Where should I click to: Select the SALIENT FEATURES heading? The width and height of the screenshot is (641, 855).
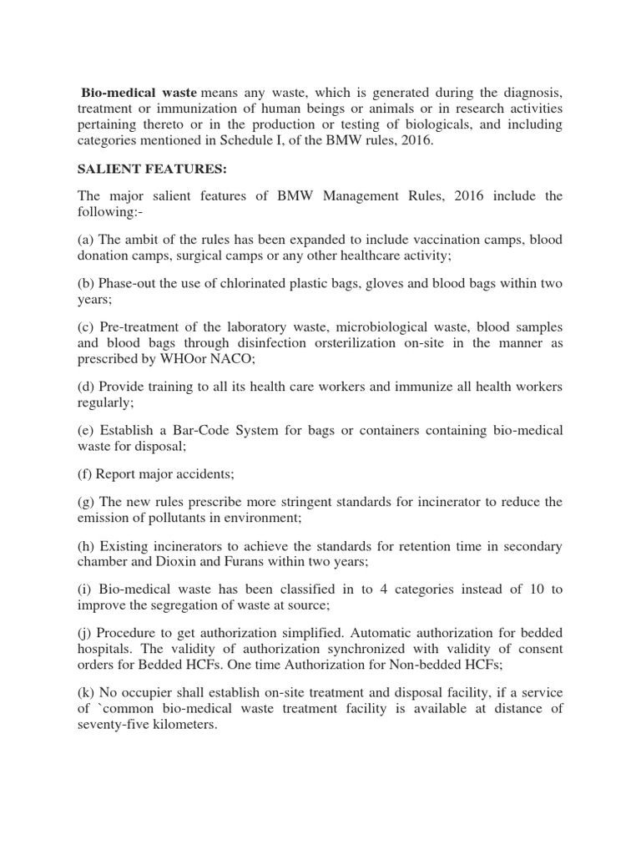[152, 169]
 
